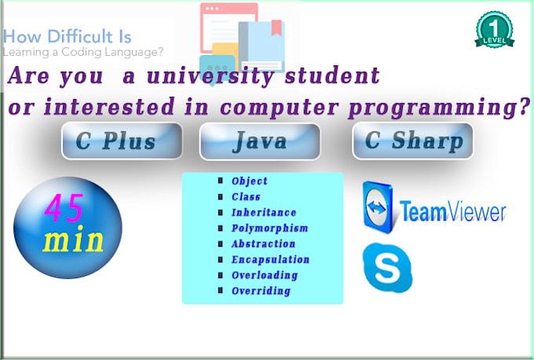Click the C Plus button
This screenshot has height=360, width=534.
click(122, 141)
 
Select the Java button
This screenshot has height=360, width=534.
click(259, 141)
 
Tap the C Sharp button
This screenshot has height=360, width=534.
click(413, 141)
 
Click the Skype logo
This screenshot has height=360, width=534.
click(388, 267)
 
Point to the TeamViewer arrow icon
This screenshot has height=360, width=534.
click(378, 208)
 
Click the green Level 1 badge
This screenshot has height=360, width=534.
click(495, 30)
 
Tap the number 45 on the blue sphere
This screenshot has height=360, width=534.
click(64, 208)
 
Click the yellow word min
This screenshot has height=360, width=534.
click(73, 239)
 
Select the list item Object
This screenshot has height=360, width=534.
click(249, 181)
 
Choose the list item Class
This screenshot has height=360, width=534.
click(246, 197)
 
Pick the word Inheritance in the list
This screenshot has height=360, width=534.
click(264, 212)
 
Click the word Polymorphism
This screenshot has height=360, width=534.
click(269, 228)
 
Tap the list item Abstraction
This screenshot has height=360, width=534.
click(263, 244)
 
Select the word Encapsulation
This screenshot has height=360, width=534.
click(270, 259)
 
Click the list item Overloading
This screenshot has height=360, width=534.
click(265, 275)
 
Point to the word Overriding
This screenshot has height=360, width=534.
click(261, 291)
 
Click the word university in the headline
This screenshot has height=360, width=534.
click(210, 75)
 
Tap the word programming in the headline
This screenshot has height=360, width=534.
click(439, 108)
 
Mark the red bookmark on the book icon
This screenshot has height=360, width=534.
click(276, 28)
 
